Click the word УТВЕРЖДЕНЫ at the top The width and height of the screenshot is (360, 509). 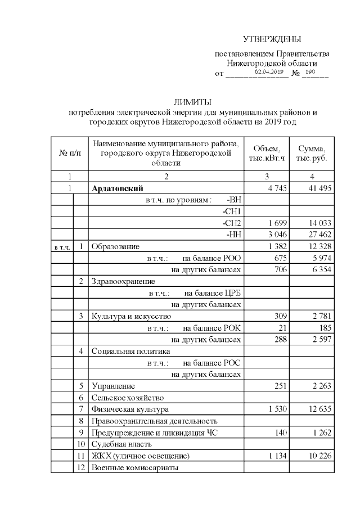(272, 39)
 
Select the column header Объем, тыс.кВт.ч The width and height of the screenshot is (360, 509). (267, 153)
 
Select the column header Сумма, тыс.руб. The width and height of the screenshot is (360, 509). (312, 153)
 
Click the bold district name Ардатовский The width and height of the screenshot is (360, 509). (118, 188)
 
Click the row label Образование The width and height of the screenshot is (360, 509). (116, 246)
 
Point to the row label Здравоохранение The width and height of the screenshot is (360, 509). (123, 281)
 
